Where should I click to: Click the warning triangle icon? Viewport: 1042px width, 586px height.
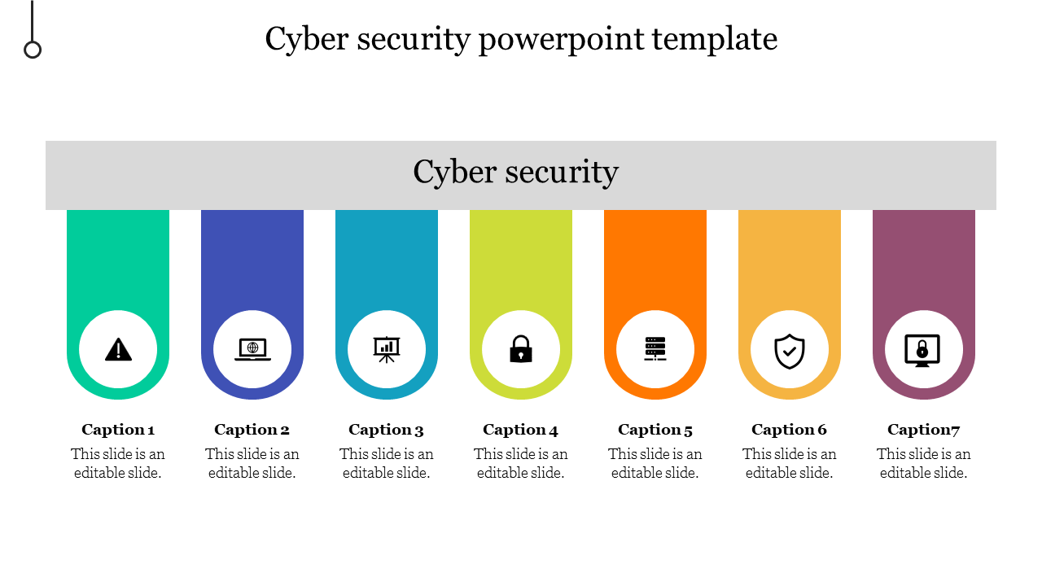click(118, 350)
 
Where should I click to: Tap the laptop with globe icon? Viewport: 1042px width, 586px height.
click(252, 350)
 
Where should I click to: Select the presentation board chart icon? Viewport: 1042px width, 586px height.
click(387, 349)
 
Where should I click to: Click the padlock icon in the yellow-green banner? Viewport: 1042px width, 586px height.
click(521, 350)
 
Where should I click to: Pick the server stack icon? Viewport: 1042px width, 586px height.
click(655, 349)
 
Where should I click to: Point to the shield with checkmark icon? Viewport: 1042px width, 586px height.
click(790, 351)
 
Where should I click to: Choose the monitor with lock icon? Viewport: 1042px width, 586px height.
click(922, 351)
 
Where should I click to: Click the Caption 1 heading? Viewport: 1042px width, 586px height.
click(118, 430)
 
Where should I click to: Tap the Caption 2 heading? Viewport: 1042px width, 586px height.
click(252, 430)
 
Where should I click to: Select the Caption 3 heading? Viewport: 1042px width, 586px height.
click(387, 430)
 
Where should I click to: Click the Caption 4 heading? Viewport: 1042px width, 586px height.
click(521, 430)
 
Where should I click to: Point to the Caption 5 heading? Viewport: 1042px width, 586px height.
click(655, 430)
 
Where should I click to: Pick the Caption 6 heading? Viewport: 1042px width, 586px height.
click(790, 430)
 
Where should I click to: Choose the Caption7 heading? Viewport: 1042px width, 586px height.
click(924, 430)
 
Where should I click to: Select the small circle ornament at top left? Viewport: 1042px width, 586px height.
click(33, 50)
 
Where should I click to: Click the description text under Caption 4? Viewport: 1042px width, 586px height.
click(521, 463)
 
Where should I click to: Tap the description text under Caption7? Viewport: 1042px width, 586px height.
click(924, 463)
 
